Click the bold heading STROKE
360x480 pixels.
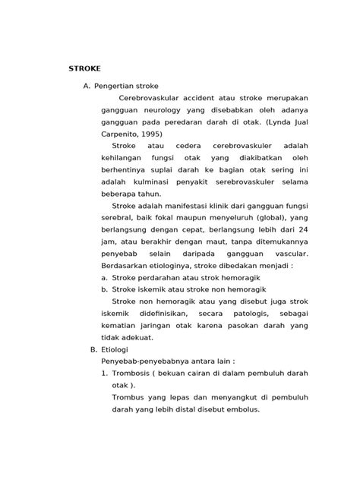pyautogui.click(x=84, y=68)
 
